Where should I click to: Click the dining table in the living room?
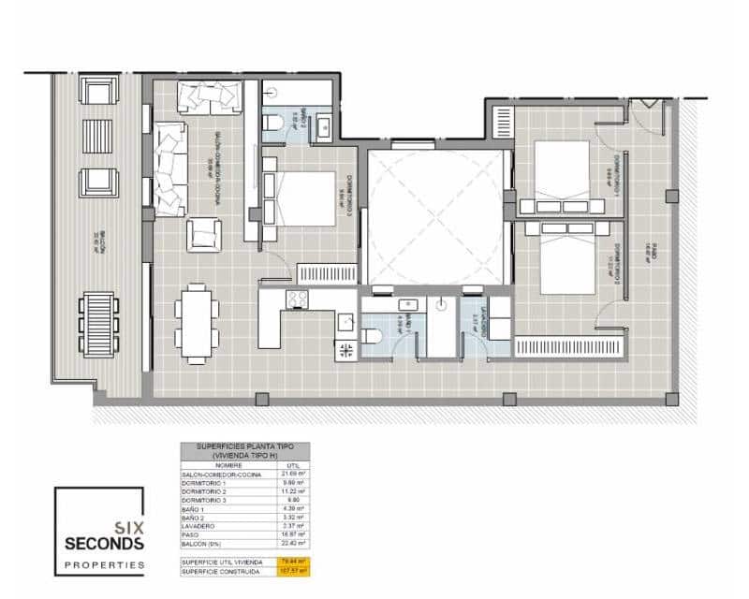[196, 323]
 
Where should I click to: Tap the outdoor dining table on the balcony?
[98, 325]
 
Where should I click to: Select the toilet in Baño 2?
[272, 123]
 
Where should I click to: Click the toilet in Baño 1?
[372, 337]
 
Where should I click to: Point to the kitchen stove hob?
[297, 299]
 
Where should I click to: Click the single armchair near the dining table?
[203, 234]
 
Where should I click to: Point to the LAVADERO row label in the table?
[199, 525]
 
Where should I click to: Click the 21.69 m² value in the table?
[295, 475]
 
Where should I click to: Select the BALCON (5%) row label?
[203, 542]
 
